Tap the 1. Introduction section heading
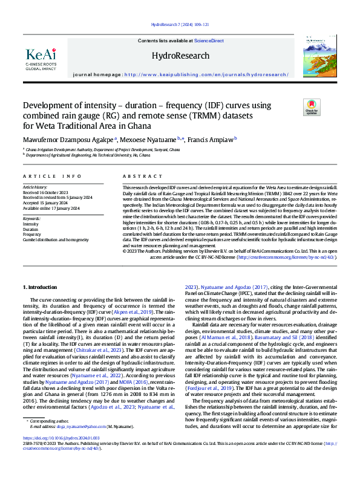pyautogui.click(x=41, y=286)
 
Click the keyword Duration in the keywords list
pyautogui.click(x=30, y=230)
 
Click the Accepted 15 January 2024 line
pyautogui.click(x=44, y=203)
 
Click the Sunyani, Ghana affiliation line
pyautogui.click(x=102, y=149)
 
